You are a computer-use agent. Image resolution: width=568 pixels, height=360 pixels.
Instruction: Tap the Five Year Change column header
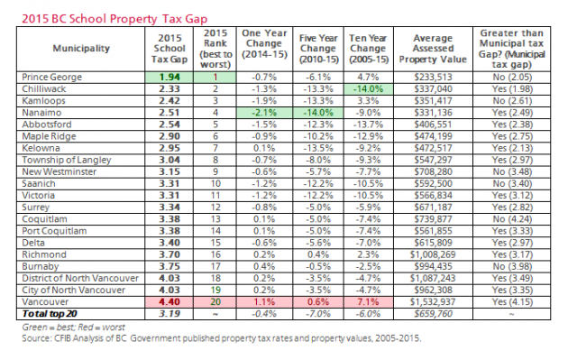tap(318, 48)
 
